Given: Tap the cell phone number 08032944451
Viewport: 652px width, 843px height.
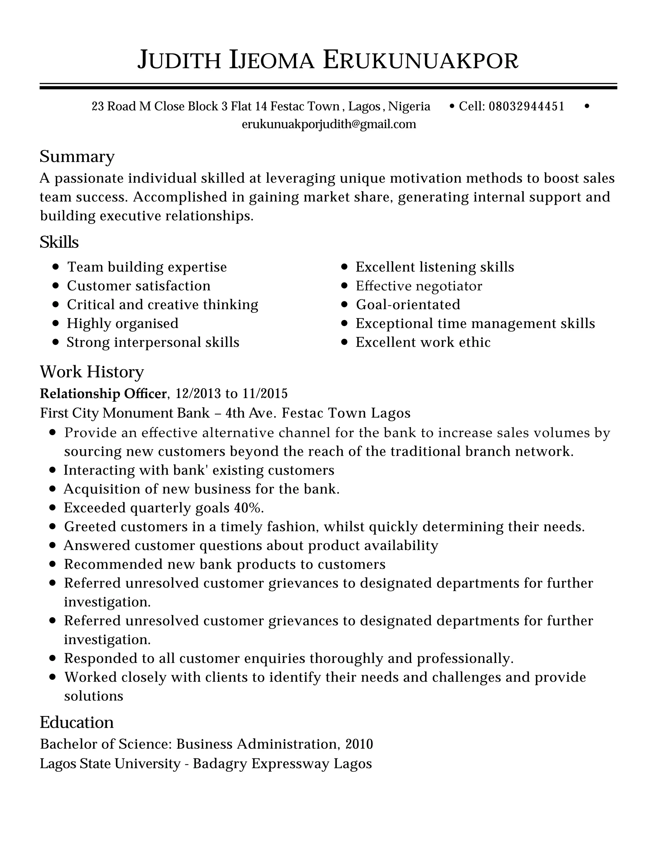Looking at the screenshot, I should coord(527,106).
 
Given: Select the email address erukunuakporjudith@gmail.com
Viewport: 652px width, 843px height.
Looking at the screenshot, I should coord(329,124).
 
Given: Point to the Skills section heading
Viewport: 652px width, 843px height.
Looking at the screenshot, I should coord(59,242).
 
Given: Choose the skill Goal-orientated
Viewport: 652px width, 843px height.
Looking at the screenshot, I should coord(408,304).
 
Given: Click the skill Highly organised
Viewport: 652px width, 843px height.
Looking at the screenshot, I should coord(123,324).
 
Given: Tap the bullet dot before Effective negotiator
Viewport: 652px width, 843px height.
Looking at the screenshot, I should coord(344,286).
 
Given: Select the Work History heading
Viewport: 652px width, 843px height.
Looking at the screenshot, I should coord(92,372).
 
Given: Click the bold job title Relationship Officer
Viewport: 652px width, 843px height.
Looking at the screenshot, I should coord(103,394).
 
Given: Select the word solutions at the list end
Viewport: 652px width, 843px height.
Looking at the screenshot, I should coord(94,696).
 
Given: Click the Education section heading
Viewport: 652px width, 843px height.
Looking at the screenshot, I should coord(77,722).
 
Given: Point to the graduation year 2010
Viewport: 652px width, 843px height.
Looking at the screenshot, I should coord(359,744).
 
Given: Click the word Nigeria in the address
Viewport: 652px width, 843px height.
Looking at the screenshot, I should coord(409,106).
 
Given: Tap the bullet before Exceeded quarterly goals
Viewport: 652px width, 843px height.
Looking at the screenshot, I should coord(53,508).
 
